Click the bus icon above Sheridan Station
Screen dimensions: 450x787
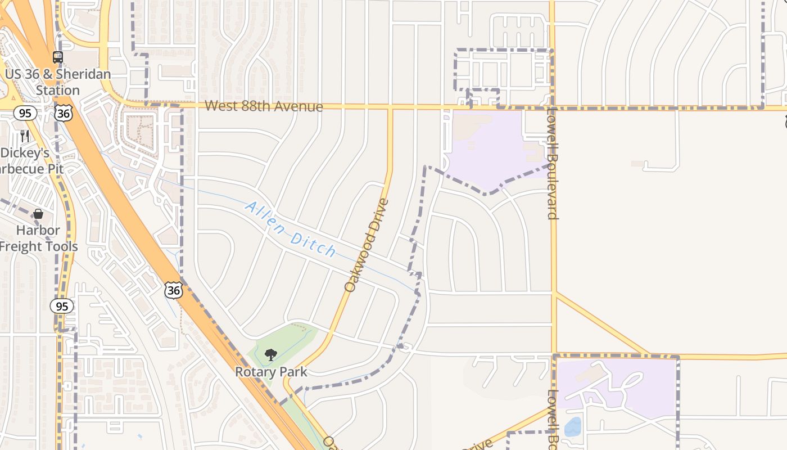pyautogui.click(x=58, y=57)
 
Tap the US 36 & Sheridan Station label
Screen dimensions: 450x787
pyautogui.click(x=58, y=82)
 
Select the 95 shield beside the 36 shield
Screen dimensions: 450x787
pyautogui.click(x=25, y=114)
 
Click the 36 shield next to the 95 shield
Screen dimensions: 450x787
pyautogui.click(x=64, y=113)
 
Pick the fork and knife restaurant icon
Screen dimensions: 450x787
pyautogui.click(x=25, y=136)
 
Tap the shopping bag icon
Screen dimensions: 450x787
pyautogui.click(x=38, y=214)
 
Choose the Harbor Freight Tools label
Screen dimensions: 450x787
pyautogui.click(x=38, y=238)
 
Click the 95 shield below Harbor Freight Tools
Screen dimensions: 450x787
pyautogui.click(x=62, y=306)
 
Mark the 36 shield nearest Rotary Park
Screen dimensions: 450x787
pyautogui.click(x=174, y=290)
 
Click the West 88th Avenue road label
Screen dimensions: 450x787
pyautogui.click(x=264, y=106)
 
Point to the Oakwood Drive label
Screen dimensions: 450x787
pyautogui.click(x=367, y=245)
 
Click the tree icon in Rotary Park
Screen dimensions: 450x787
pyautogui.click(x=271, y=354)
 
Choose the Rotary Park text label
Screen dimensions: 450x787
pyautogui.click(x=271, y=372)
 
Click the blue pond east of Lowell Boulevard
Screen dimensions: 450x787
pyautogui.click(x=572, y=427)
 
